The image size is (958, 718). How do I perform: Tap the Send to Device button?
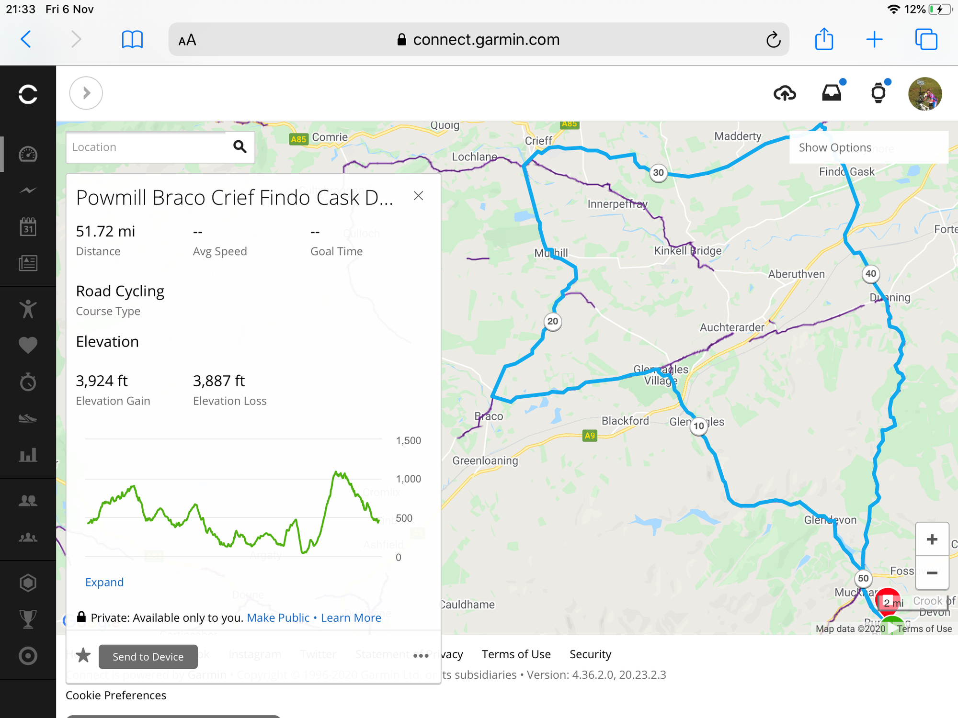(x=148, y=656)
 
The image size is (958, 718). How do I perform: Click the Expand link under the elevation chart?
(x=104, y=582)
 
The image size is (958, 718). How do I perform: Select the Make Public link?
(x=278, y=617)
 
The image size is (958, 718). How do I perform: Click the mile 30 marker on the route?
(x=659, y=173)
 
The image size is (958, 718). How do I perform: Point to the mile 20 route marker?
(x=553, y=321)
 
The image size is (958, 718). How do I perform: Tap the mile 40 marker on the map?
(x=870, y=274)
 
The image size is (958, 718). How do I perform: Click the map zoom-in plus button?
(x=932, y=539)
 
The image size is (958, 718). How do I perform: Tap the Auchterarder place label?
(x=732, y=327)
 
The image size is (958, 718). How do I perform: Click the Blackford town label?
(x=625, y=421)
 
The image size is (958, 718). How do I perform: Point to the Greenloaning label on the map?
(x=485, y=460)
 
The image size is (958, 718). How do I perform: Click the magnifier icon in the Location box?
(x=240, y=146)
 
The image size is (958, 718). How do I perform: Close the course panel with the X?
(x=418, y=196)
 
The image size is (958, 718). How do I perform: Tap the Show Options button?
(x=835, y=147)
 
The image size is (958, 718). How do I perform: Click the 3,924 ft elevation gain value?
(x=102, y=381)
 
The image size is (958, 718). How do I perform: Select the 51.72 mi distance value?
(x=105, y=232)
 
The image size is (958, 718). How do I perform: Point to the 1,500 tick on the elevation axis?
(x=408, y=440)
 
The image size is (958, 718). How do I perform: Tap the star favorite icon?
(x=83, y=655)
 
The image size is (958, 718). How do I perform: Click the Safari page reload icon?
(x=773, y=40)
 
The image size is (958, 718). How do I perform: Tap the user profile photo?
(x=924, y=94)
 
